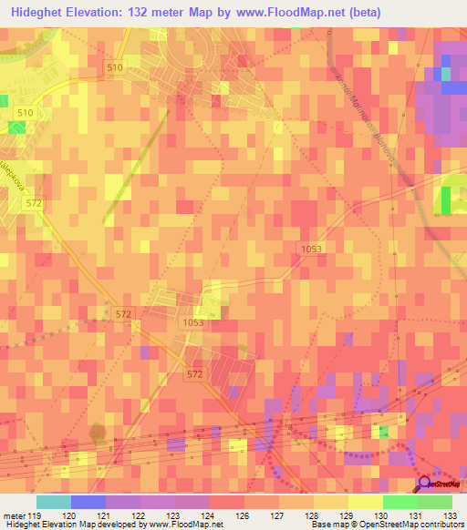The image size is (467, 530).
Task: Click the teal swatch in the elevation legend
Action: click(54, 502)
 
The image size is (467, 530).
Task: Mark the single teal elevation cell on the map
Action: click(445, 74)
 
